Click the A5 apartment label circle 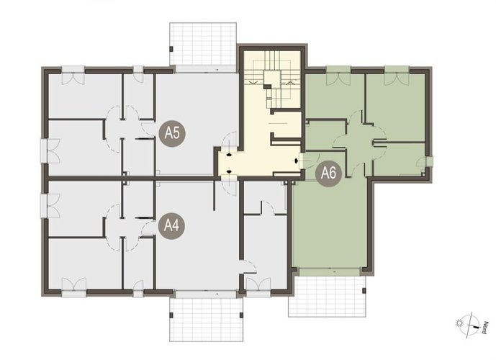point(172,133)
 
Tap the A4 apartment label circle point(171,226)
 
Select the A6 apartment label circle point(329,173)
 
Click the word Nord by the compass point(484,328)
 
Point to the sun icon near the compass point(459,323)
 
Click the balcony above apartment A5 point(203,44)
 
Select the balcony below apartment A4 point(206,320)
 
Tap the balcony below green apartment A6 point(327,297)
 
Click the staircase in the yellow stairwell point(272,79)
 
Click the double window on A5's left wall point(50,151)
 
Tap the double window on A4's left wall point(50,206)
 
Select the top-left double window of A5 point(73,76)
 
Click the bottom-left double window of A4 point(74,287)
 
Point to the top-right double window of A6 point(397,76)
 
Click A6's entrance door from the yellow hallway point(308,161)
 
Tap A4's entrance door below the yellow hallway point(229,186)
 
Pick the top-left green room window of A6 point(338,76)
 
